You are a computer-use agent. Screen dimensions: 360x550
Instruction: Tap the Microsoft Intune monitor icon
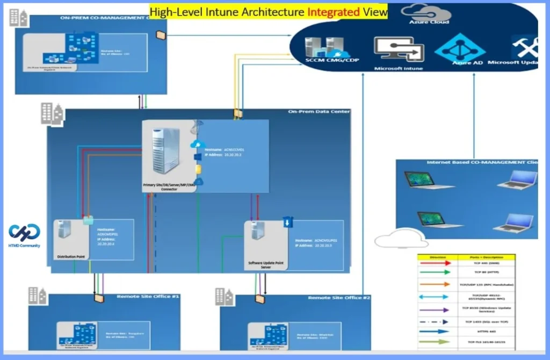tap(397, 51)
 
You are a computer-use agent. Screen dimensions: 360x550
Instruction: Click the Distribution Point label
tap(71, 257)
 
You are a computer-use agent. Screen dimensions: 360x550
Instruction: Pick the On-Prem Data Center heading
tap(319, 112)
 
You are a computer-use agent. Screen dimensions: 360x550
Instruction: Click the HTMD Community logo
tap(24, 235)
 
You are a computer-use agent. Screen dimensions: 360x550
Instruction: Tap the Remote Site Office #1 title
tap(148, 297)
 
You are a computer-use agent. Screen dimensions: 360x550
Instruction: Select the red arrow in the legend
tap(436, 264)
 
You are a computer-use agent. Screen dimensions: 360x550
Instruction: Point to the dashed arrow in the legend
tap(436, 321)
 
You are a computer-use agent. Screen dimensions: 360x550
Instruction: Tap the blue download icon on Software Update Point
tap(287, 222)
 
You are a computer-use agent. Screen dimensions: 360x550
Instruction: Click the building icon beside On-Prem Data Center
tap(52, 114)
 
